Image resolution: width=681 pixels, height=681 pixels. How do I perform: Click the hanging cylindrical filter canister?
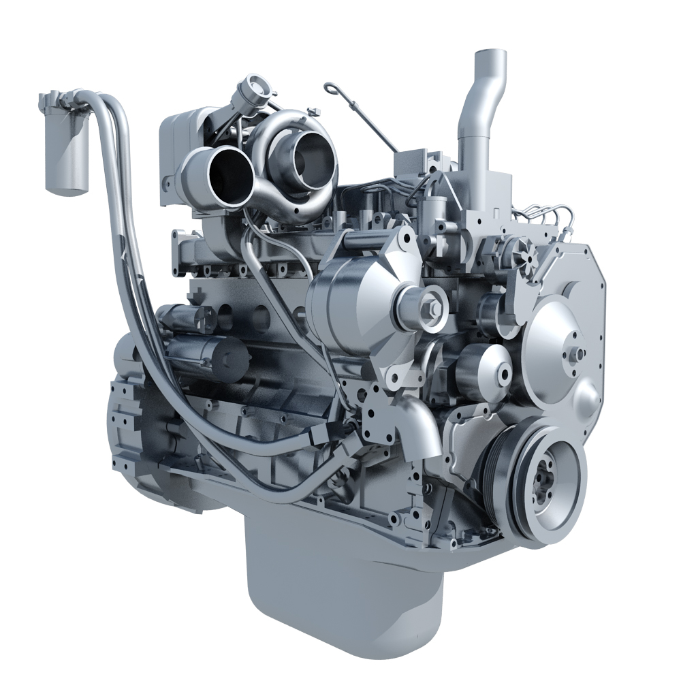(66, 153)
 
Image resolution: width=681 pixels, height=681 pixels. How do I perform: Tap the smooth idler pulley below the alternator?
(485, 371)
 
